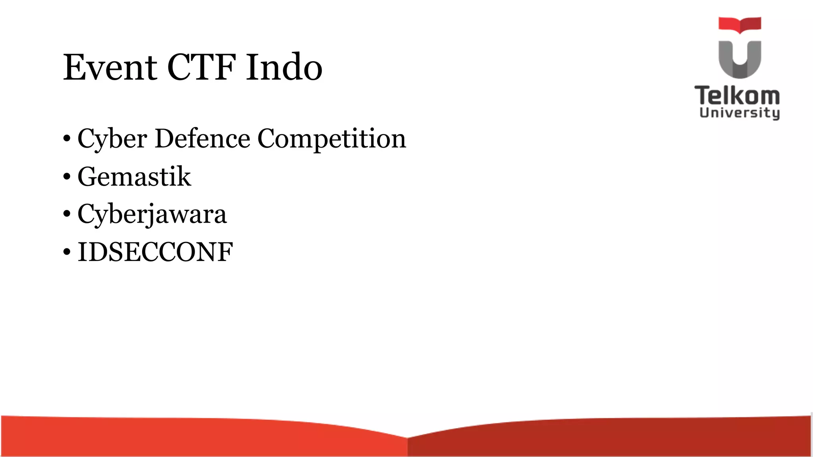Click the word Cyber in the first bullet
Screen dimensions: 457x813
[x=112, y=139]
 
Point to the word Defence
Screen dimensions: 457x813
[x=202, y=138]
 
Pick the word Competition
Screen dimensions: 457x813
[x=332, y=139]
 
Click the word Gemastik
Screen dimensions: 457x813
[x=134, y=177]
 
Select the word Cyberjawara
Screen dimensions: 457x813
[x=152, y=214]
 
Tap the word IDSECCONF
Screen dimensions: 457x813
[x=155, y=252]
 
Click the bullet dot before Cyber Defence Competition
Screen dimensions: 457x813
[x=67, y=139]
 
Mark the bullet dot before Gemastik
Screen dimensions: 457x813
[x=67, y=177]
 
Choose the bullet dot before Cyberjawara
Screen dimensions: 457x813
[x=67, y=215]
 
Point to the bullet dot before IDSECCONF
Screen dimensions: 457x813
[x=67, y=252]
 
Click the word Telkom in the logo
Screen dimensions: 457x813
[x=737, y=96]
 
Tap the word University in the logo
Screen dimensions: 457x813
[x=740, y=113]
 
